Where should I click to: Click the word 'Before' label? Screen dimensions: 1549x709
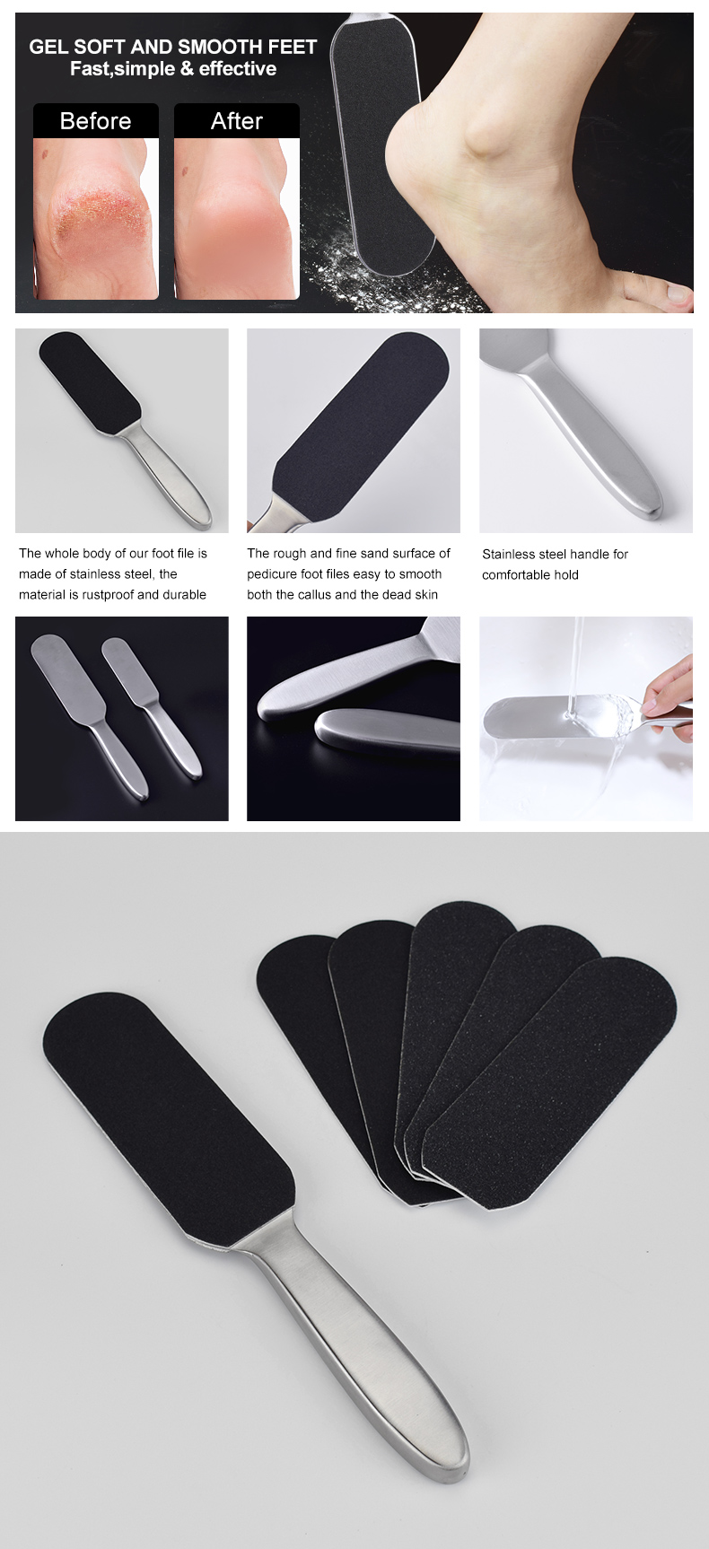(x=95, y=121)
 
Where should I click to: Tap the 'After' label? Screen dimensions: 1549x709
(x=236, y=121)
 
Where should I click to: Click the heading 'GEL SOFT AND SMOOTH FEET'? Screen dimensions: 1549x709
(x=173, y=47)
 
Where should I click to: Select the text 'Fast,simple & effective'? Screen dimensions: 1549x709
(x=173, y=69)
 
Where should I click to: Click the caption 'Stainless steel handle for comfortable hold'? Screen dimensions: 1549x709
(x=555, y=564)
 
